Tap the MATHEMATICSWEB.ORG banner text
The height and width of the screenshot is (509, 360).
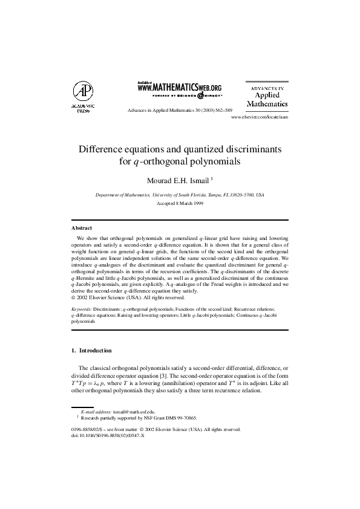click(x=180, y=88)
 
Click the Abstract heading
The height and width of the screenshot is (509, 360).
click(x=82, y=228)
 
